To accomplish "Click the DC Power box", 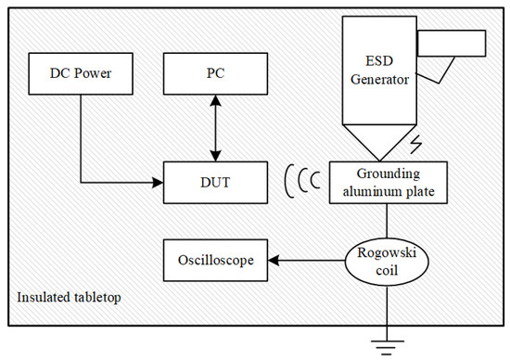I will (80, 71).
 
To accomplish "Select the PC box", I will (210, 71).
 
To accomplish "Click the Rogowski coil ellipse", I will (377, 259).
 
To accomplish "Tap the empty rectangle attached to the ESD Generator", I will (451, 44).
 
